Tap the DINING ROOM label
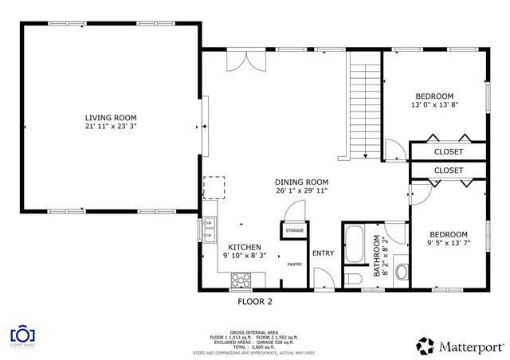pos(302,182)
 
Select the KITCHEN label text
pos(245,247)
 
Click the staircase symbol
pos(363,104)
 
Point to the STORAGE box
pos(295,231)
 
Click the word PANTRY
pos(294,264)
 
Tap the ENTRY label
pos(323,253)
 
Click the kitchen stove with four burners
pos(240,280)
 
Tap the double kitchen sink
pos(209,228)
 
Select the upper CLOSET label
pos(448,152)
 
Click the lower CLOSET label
pos(448,170)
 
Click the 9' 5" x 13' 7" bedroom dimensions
pos(447,243)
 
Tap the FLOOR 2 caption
pos(255,302)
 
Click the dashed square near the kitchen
pos(214,186)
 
